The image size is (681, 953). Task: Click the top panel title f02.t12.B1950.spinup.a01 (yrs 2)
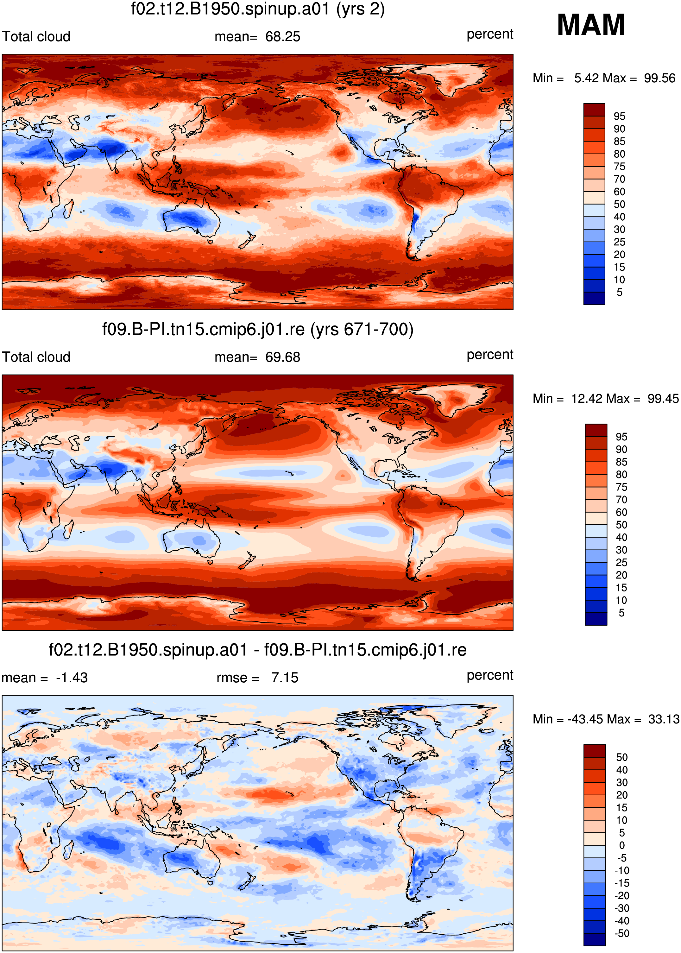(258, 9)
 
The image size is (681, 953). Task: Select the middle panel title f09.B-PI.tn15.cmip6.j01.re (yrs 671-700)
(258, 330)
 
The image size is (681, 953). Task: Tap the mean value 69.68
(283, 357)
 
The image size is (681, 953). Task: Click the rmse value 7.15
(285, 678)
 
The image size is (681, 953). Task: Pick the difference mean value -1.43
(72, 678)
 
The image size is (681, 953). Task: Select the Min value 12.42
(588, 398)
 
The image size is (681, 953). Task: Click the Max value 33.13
(663, 719)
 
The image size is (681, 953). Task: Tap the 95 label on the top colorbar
(619, 116)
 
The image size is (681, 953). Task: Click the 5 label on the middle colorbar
(621, 613)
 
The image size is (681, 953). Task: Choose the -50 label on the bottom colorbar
(622, 933)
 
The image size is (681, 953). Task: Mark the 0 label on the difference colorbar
(622, 845)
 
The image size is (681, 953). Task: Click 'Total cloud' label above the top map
(36, 36)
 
